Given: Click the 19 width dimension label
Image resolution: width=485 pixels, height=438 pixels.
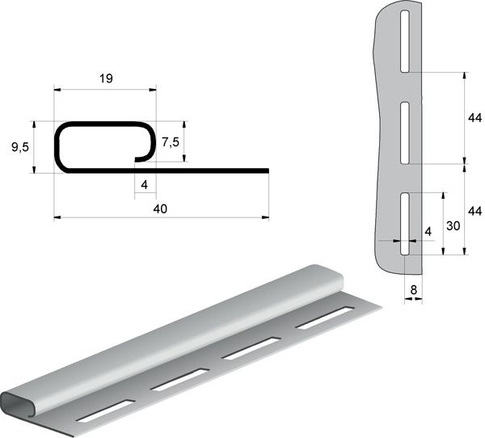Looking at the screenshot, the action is [x=106, y=78].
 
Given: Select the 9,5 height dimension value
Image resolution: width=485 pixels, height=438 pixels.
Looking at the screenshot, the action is [x=20, y=147].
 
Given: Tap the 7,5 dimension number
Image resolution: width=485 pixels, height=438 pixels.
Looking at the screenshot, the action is [x=171, y=142].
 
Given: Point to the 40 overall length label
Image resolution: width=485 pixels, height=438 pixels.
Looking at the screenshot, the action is [x=160, y=209].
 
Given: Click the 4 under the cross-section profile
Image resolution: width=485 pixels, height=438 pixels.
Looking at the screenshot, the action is [x=145, y=185].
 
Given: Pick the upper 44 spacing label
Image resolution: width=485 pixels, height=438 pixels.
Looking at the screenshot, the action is [x=474, y=118].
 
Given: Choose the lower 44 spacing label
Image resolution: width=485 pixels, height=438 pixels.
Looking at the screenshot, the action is [x=474, y=211].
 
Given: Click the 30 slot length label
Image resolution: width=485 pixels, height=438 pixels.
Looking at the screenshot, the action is [x=453, y=226].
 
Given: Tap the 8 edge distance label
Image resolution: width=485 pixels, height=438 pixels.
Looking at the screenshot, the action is [x=414, y=290].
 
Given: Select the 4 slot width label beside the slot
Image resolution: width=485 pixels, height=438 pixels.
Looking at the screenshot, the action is [x=428, y=231].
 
